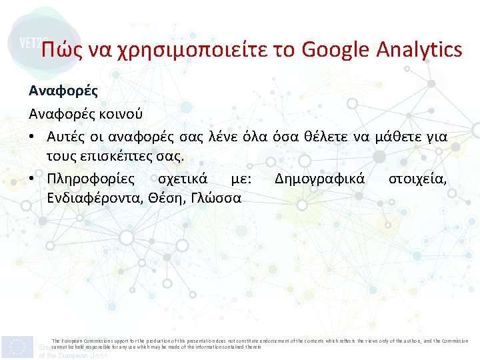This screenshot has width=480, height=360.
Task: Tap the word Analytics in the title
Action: [419, 49]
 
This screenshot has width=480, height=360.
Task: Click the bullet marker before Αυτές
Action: [32, 136]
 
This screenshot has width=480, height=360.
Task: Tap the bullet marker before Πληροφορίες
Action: [32, 179]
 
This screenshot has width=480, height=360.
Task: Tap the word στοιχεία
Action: [418, 179]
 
